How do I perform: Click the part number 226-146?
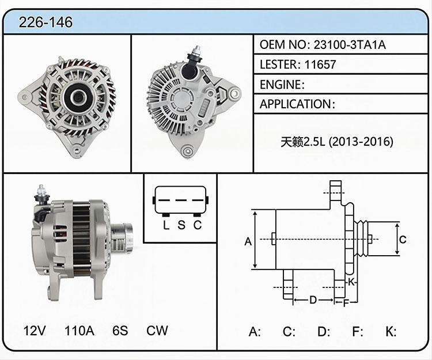[46, 22]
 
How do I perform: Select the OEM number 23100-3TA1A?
[350, 44]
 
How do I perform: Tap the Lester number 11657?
[320, 65]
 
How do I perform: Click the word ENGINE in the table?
[281, 85]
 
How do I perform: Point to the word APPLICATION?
[295, 104]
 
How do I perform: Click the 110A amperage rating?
[79, 331]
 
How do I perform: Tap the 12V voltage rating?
[35, 331]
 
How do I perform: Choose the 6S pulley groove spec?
[120, 331]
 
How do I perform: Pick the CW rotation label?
[157, 331]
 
